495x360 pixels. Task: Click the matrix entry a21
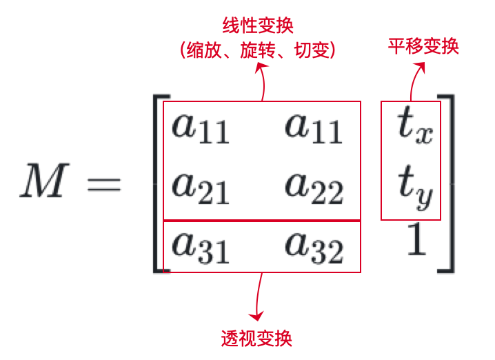[201, 186]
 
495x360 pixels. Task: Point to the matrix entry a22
[314, 186]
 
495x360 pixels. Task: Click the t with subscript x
[414, 127]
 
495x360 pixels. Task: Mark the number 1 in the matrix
[416, 241]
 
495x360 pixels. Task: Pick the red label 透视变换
[256, 338]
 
